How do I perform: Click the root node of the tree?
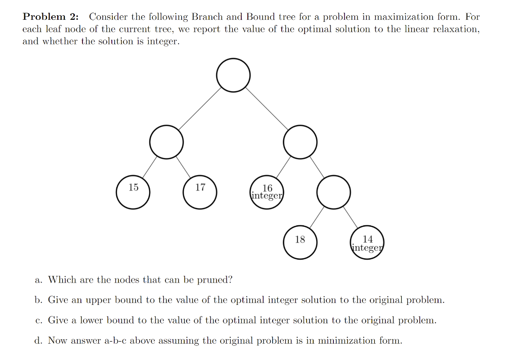coord(233,75)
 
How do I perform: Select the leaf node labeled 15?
coord(133,192)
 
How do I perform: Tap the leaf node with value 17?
coord(200,192)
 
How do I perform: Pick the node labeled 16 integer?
coord(267,192)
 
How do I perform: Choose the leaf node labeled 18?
coord(300,243)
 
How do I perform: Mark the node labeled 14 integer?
coord(367,243)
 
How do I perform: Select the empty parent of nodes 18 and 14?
coord(333,192)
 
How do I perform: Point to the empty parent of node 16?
coord(300,142)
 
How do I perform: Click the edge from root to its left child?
coord(200,109)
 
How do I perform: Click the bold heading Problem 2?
coord(51,17)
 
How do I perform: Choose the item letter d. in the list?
coord(38,341)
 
